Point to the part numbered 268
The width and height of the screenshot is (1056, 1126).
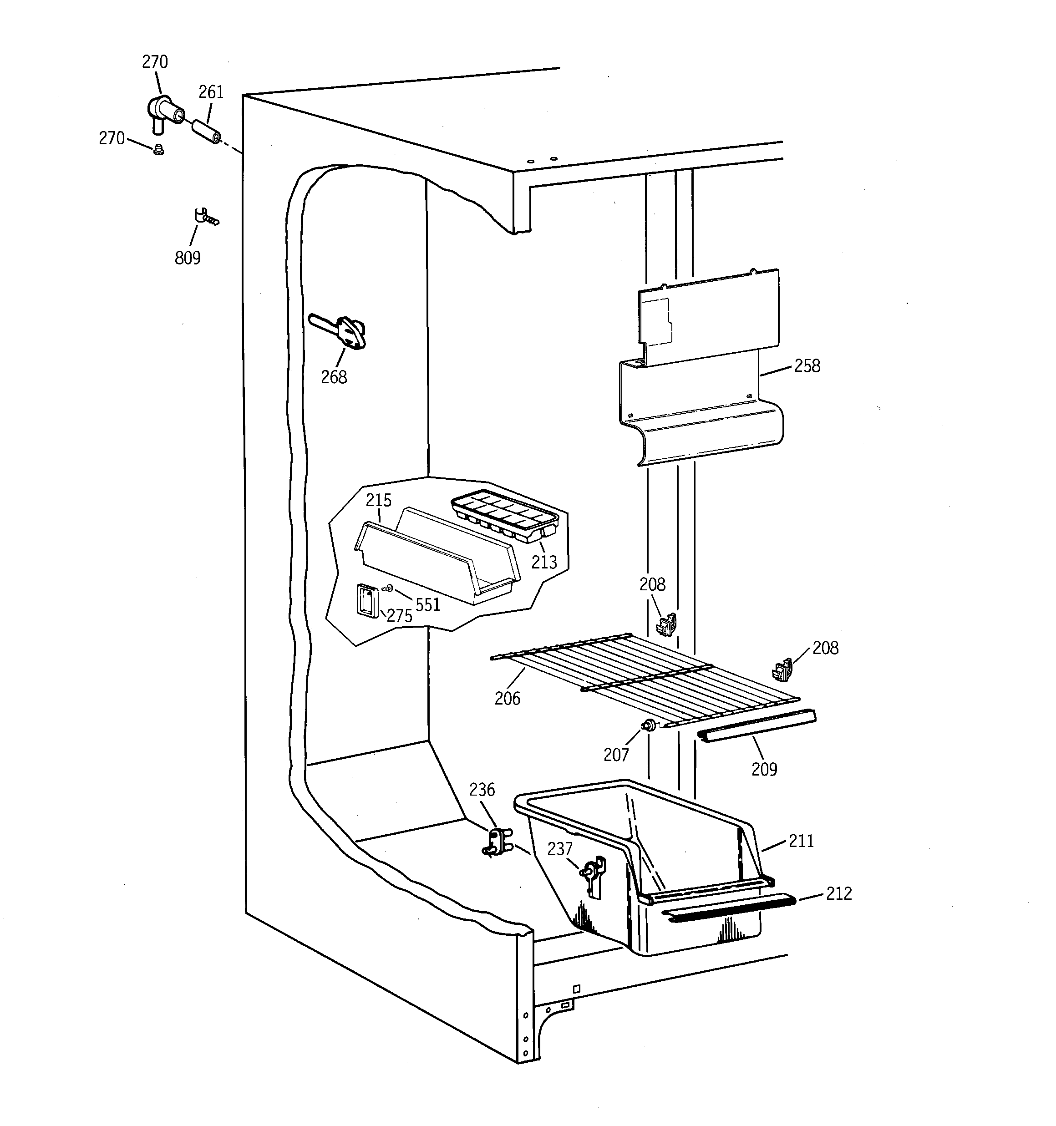(343, 332)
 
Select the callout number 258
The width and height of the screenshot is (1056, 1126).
(807, 366)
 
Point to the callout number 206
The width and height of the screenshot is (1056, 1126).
(507, 698)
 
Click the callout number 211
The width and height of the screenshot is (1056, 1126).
(801, 841)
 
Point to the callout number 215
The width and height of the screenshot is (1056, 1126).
(378, 500)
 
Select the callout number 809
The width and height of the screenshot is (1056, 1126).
(188, 258)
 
